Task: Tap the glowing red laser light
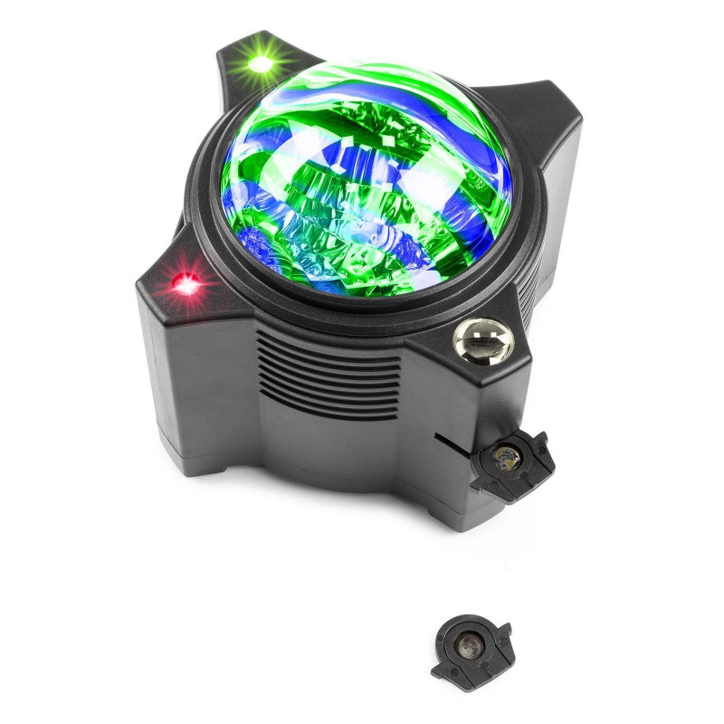(189, 284)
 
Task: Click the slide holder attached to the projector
(512, 462)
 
